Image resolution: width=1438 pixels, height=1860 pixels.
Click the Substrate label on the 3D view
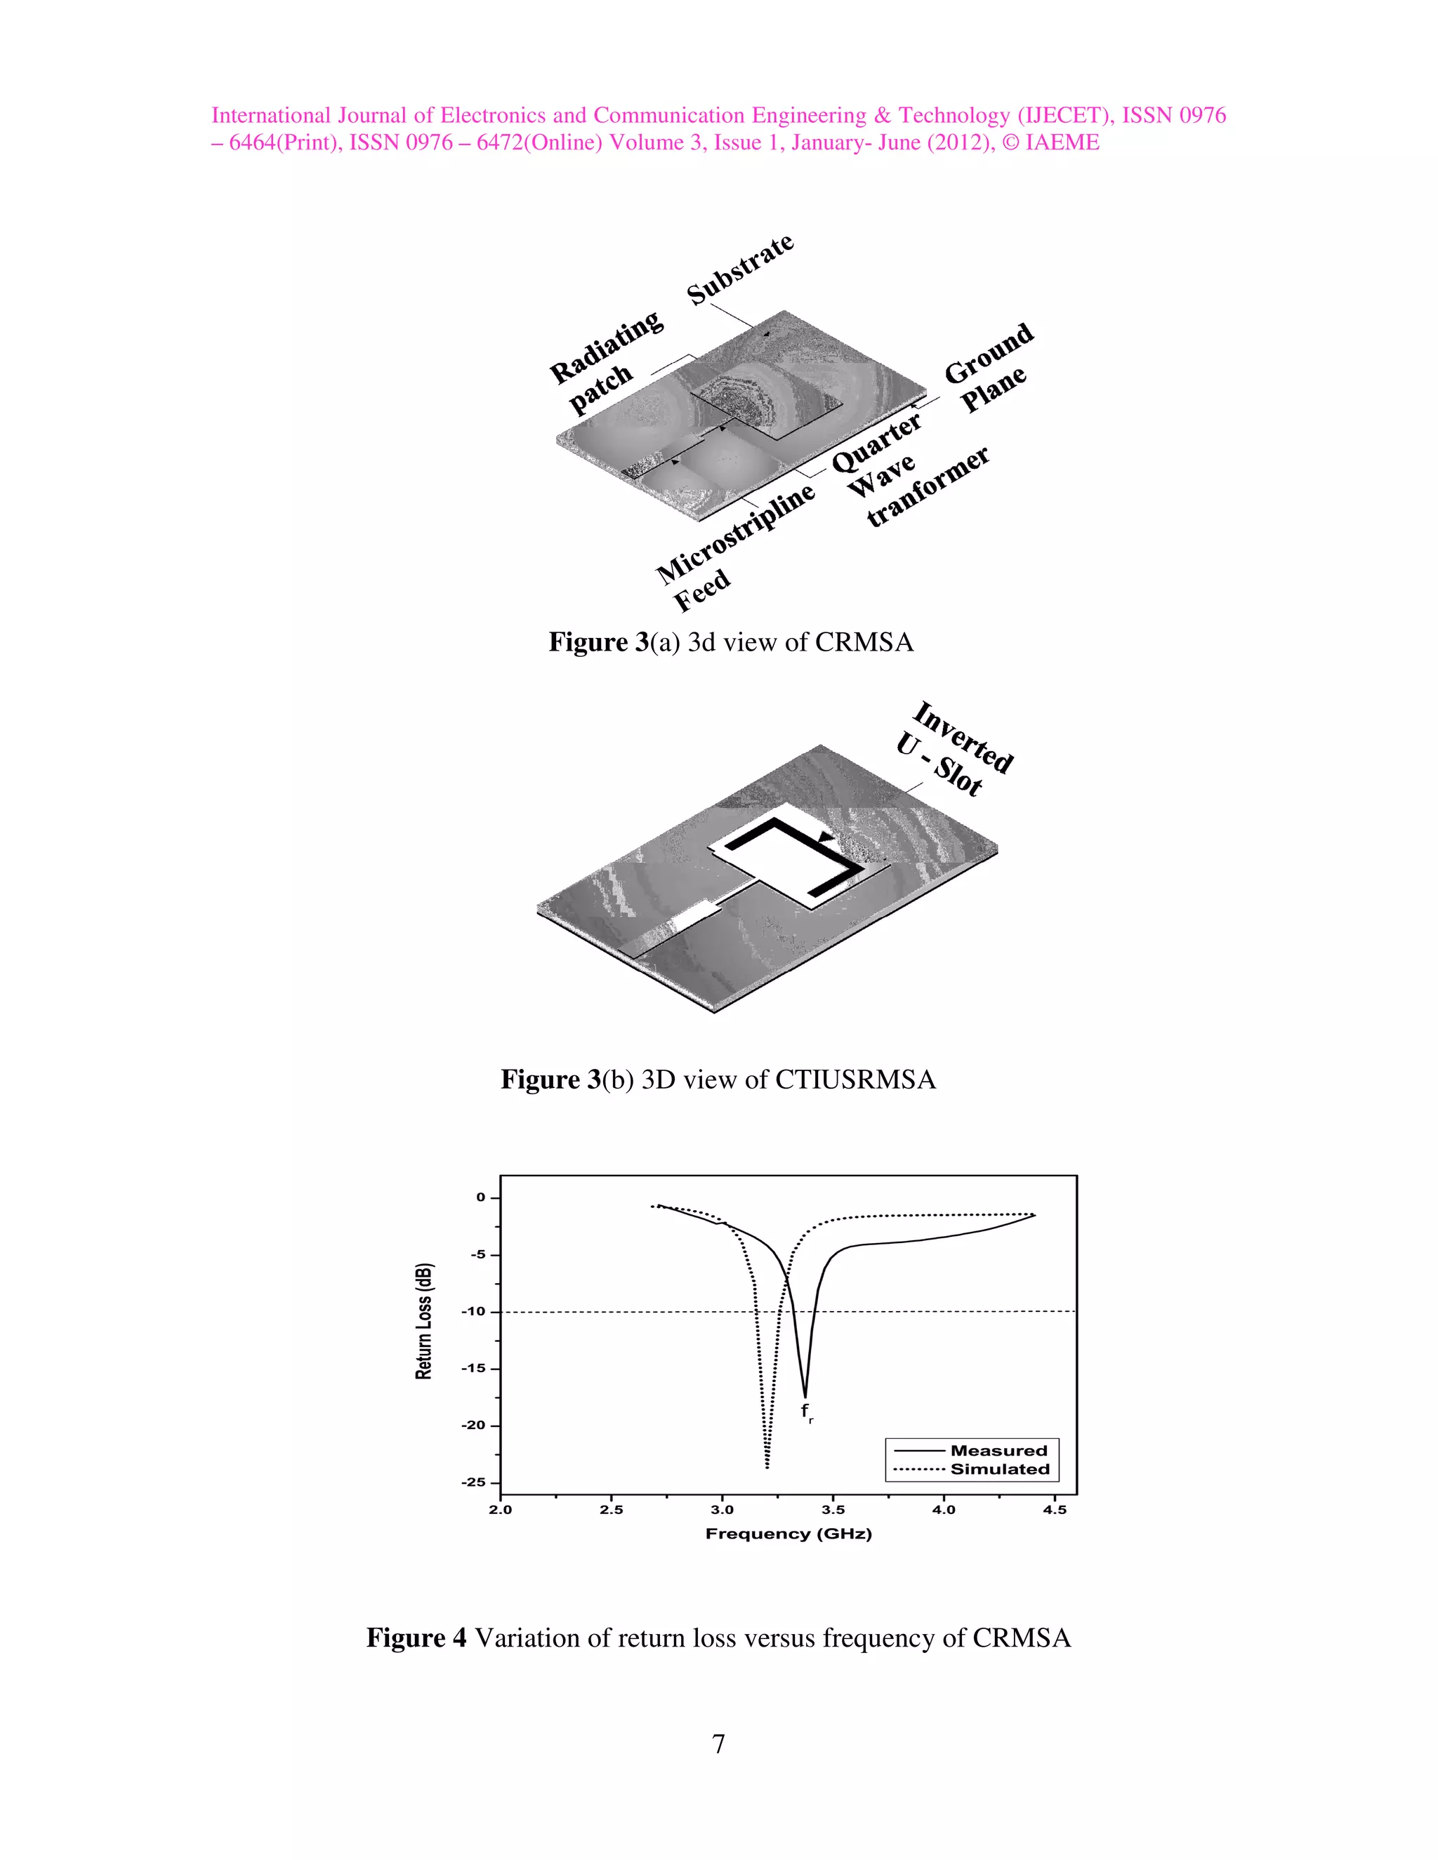click(740, 269)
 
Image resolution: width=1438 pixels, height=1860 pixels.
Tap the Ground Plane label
click(988, 367)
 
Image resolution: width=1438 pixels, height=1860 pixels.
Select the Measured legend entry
click(998, 1450)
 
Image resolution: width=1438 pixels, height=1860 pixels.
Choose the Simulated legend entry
click(999, 1469)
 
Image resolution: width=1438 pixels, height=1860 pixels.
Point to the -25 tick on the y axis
click(475, 1482)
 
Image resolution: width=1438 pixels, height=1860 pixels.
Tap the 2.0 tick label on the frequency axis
click(500, 1510)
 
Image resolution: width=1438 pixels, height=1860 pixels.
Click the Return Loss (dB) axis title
click(424, 1320)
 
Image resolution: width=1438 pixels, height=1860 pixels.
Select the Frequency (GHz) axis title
click(788, 1534)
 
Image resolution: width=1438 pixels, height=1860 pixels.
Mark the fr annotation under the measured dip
click(807, 1413)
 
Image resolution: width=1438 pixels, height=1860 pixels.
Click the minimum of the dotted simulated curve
click(767, 1466)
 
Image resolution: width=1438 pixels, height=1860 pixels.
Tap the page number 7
click(718, 1743)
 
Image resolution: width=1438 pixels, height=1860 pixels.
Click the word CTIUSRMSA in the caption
click(855, 1080)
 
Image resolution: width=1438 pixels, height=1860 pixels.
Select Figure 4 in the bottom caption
click(416, 1638)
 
